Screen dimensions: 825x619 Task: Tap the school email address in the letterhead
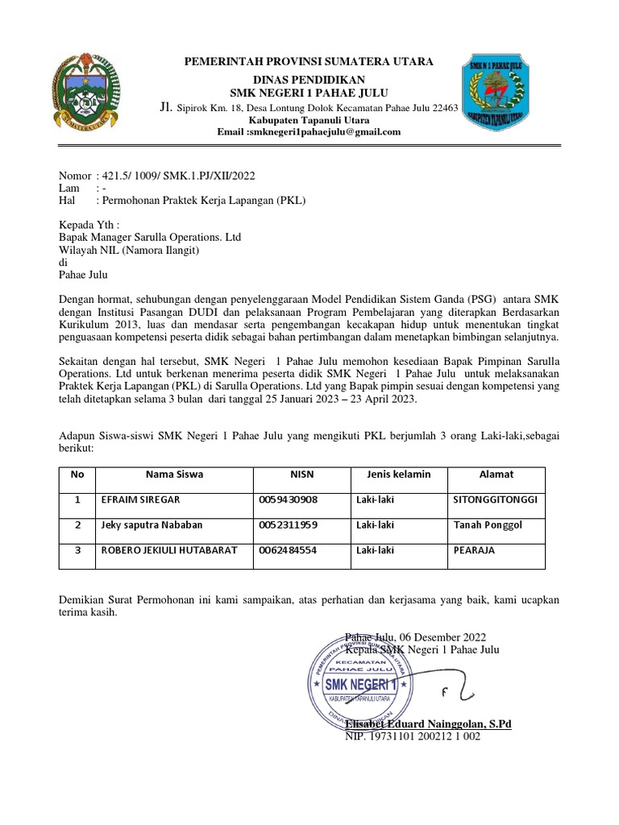pos(309,132)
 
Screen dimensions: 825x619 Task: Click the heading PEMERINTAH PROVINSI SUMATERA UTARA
pos(309,61)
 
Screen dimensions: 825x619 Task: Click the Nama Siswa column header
pos(174,474)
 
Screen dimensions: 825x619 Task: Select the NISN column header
pos(301,474)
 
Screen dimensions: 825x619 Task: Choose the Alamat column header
pos(496,474)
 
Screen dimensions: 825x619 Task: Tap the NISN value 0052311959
pos(289,525)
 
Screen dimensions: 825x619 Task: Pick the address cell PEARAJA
pos(474,550)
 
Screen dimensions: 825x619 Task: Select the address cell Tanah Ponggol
pos(488,525)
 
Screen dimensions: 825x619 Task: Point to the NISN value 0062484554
pos(289,550)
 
